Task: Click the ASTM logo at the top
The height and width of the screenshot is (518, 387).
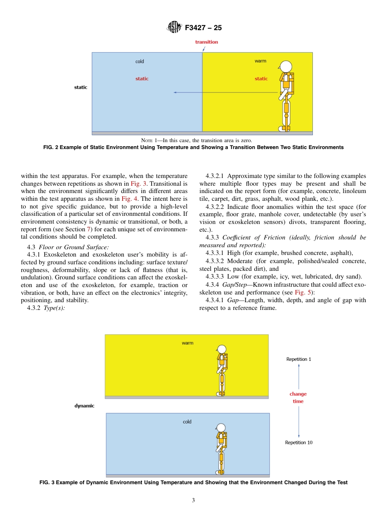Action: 174,28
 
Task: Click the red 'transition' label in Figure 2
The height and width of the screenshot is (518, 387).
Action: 207,42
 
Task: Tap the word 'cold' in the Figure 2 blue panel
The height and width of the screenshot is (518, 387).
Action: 140,61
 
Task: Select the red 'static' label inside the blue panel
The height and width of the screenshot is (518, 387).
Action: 142,79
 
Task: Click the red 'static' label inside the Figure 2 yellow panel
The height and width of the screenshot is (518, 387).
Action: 261,79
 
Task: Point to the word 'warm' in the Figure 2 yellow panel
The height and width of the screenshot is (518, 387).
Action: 260,61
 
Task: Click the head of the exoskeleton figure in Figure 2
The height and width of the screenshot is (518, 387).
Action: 286,66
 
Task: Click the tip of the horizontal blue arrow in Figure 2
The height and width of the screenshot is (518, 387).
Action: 174,92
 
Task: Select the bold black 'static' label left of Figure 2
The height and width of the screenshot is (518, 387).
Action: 81,87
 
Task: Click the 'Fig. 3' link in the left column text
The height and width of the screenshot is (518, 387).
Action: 139,184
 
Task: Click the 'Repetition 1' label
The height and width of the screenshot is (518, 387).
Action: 299,359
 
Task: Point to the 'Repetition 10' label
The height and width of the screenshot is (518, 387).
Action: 299,442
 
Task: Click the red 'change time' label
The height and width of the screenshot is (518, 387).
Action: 298,397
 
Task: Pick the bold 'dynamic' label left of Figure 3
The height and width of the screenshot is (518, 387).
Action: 84,406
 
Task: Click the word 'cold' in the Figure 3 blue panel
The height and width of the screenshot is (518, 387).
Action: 187,422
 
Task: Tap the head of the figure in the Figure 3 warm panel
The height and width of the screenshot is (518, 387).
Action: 222,349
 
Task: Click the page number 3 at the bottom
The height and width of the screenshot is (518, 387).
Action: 193,500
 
